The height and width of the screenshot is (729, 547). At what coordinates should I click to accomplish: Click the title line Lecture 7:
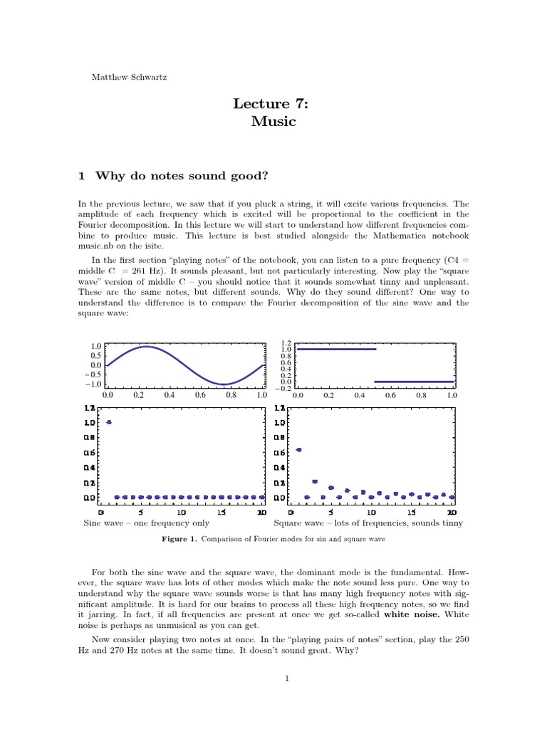273,105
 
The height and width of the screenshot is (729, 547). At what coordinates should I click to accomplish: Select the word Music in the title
273,122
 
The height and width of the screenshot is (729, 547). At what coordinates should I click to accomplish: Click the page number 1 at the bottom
286,678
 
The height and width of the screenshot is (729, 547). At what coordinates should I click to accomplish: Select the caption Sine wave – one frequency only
147,523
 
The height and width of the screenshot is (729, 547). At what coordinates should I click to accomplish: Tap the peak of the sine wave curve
146,347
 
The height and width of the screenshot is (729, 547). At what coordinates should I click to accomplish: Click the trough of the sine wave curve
224,384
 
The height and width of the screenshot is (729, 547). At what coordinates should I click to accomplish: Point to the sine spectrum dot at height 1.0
109,422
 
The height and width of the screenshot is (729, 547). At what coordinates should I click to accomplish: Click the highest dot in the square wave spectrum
299,450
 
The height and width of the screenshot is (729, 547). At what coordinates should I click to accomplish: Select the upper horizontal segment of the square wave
335,349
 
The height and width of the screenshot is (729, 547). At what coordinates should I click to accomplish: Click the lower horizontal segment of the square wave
414,382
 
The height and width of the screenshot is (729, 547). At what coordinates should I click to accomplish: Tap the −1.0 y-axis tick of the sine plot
93,384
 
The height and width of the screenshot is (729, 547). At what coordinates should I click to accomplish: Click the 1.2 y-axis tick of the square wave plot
286,342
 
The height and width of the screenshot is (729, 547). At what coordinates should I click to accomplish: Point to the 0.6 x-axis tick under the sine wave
200,394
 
